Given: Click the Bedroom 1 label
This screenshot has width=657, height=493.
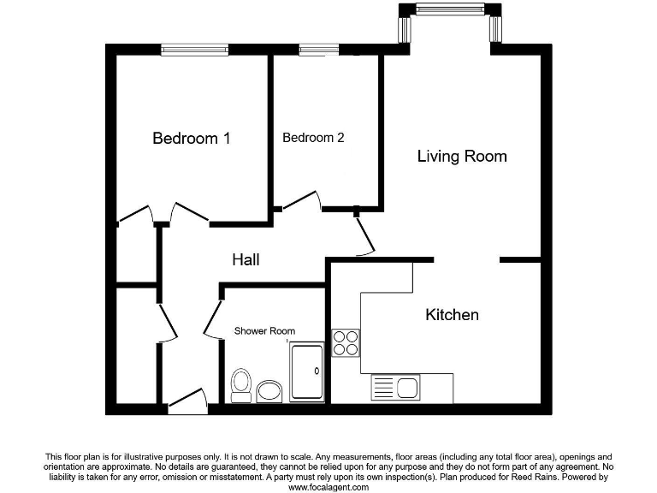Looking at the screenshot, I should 191,138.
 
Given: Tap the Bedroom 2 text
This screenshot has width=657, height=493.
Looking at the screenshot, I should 313,137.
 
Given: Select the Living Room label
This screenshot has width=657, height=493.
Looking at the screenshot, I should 462,156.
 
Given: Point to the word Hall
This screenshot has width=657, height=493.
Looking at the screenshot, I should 246,259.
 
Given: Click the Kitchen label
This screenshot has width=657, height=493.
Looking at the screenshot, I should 452,315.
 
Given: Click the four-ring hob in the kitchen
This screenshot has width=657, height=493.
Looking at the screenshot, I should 346,342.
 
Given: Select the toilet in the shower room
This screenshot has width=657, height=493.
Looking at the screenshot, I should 241,383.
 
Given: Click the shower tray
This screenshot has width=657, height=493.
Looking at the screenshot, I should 307,371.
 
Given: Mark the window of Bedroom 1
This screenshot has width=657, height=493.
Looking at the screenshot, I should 195,50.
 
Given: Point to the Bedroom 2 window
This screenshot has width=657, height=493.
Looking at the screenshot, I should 317,50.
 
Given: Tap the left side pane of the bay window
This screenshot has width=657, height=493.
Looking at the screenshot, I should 405,29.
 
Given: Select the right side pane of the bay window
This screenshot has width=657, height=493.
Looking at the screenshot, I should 494,29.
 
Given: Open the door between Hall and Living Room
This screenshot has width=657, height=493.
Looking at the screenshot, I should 365,235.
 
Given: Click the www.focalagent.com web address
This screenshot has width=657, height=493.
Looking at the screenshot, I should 328,487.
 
